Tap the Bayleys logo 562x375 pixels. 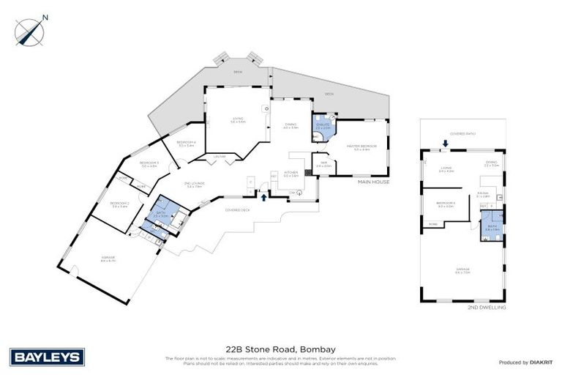(47, 357)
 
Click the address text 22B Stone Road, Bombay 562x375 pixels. (280, 349)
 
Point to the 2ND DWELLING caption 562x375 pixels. (486, 308)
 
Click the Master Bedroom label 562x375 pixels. (365, 147)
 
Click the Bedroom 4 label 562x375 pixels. (186, 143)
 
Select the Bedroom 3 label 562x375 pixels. (149, 165)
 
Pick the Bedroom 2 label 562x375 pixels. (120, 204)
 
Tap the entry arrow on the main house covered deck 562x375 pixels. (263, 196)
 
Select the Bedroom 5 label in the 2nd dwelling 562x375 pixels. (445, 204)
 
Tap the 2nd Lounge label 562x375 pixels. (195, 185)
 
